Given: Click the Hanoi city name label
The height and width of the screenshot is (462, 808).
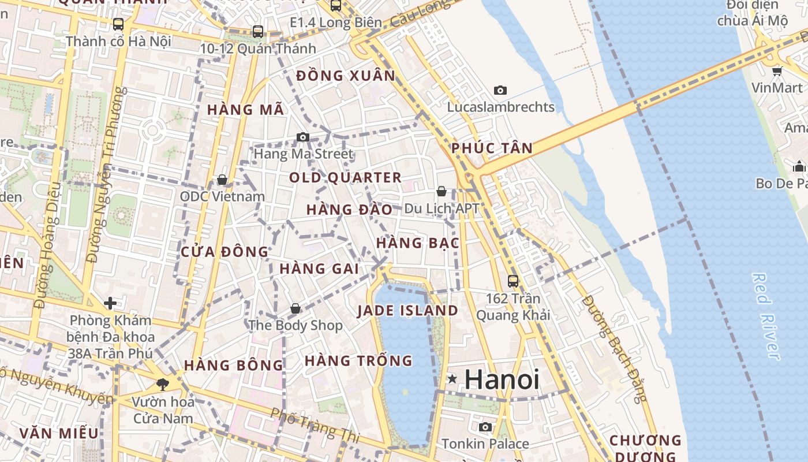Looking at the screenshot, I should [x=502, y=379].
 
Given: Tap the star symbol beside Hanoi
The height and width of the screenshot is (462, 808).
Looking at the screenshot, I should [x=452, y=379].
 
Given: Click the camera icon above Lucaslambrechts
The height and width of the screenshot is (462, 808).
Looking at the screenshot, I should [x=500, y=90].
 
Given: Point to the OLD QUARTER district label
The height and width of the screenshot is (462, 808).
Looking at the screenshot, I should [x=345, y=177].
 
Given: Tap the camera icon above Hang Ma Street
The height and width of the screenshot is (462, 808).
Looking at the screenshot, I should [x=303, y=137].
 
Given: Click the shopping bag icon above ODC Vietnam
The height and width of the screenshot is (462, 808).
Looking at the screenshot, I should [x=222, y=180].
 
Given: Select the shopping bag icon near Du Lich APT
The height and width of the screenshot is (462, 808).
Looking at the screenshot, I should [x=442, y=191].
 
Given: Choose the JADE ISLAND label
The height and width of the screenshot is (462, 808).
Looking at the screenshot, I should [x=407, y=311].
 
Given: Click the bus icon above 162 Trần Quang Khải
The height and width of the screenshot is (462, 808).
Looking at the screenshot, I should [x=513, y=281].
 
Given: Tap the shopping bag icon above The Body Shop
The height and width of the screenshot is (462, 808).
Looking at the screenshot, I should [x=295, y=308].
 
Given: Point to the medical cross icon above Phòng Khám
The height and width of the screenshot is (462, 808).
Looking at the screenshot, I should [x=110, y=303].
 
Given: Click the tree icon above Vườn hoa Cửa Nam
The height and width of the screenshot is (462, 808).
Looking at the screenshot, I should [x=163, y=384].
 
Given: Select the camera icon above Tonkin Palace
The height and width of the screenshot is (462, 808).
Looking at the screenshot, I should [x=485, y=427].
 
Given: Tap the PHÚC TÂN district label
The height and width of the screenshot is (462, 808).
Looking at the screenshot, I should [x=492, y=148].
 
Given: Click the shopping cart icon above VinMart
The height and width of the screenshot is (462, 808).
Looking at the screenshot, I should [x=777, y=71].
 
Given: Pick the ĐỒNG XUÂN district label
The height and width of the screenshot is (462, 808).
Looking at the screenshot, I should [x=346, y=76].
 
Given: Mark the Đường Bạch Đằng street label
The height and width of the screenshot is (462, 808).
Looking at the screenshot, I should [x=614, y=349].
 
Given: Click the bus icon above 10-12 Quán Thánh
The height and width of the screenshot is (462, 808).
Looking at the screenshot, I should [x=258, y=31].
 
